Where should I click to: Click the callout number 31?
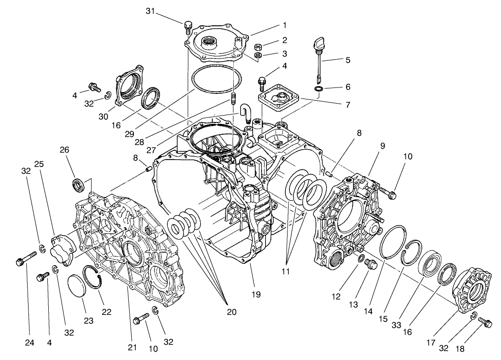(x=150, y=11)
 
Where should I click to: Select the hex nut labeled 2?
(x=259, y=47)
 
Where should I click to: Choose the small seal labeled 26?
(x=78, y=185)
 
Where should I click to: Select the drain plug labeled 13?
(x=370, y=266)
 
